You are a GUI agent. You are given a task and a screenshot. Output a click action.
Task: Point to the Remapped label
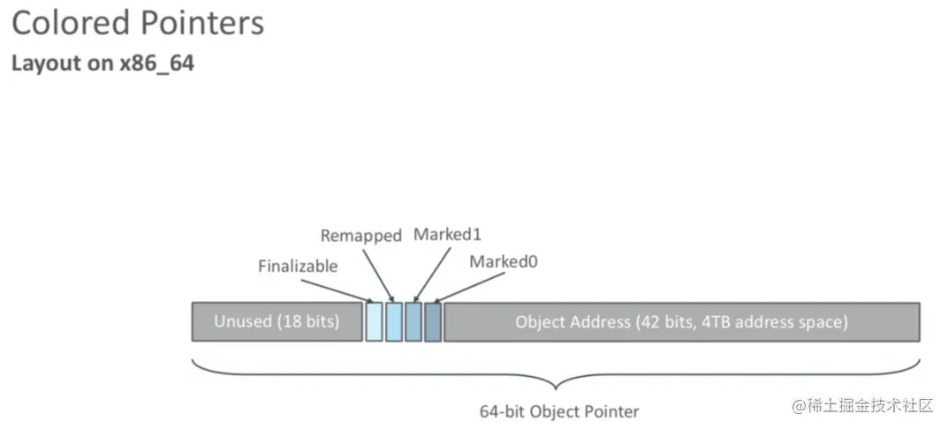pos(360,236)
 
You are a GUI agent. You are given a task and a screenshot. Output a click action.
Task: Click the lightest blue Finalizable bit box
pos(374,321)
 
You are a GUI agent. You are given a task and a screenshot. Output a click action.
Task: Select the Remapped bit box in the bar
pos(393,321)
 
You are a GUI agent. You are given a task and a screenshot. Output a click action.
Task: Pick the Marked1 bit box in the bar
pos(413,321)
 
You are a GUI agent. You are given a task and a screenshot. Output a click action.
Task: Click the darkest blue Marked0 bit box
pos(432,321)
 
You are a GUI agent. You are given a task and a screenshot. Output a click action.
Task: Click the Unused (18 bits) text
pos(277,321)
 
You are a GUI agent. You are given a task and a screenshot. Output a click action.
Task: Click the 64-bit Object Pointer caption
pos(558,410)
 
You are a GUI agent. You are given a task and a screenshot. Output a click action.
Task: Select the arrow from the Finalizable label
pos(336,290)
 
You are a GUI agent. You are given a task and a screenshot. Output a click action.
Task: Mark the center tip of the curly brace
pos(555,389)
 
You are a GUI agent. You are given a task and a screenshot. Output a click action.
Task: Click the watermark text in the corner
pos(862,405)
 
